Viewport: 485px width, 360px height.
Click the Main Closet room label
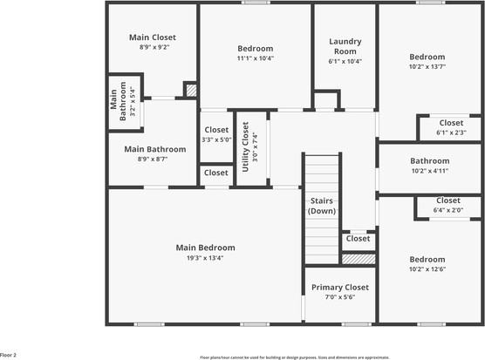tap(153, 37)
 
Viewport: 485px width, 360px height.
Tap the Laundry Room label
tap(345, 46)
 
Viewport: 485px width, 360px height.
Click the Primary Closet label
tap(339, 287)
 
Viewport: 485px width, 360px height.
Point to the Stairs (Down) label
tap(322, 206)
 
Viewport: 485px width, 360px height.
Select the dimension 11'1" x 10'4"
tap(256, 58)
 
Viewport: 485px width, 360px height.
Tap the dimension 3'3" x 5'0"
tap(215, 139)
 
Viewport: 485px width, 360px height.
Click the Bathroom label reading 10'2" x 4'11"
tap(429, 160)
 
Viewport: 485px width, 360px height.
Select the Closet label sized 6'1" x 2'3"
tap(451, 123)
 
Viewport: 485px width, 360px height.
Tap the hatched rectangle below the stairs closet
tap(359, 259)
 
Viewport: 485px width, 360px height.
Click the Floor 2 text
tap(9, 355)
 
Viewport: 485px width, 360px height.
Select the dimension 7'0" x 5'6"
tap(339, 297)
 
